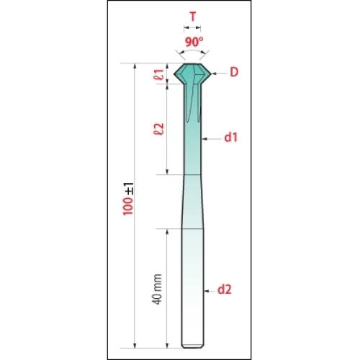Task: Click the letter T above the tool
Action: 193,17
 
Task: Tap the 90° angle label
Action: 194,42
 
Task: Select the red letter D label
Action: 234,72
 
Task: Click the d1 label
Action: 231,138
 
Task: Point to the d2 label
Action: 225,289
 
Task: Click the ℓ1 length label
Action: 159,74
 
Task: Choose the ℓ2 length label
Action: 159,129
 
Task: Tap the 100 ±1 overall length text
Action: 128,199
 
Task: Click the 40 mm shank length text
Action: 157,289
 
